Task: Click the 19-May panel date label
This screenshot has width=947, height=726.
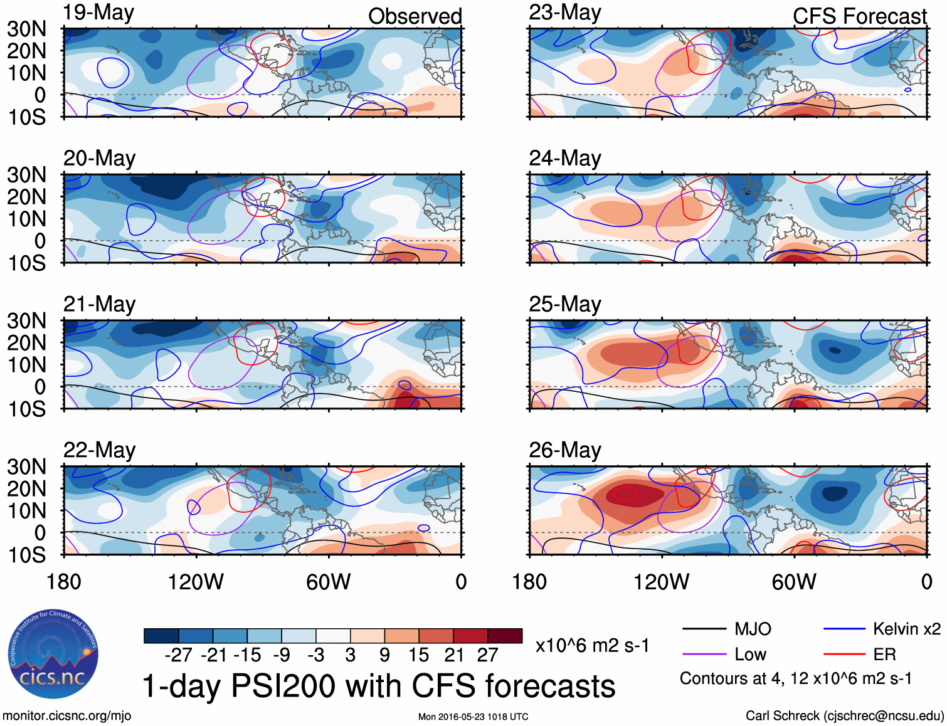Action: coord(98,13)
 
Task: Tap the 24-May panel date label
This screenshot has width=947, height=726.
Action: coord(564,158)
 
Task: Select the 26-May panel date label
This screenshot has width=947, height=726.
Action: coord(564,450)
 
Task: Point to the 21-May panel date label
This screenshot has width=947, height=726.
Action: coord(99,304)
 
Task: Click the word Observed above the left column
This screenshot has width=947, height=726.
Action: coord(415,16)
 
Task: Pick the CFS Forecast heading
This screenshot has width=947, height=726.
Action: coord(859,16)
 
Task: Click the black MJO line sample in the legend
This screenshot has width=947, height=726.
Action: coord(704,629)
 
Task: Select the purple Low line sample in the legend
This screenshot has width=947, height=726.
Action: coord(704,655)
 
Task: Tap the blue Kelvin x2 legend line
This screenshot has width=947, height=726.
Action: coord(844,629)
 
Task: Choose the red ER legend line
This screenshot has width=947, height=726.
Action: coord(844,655)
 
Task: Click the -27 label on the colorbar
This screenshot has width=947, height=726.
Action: coord(178,655)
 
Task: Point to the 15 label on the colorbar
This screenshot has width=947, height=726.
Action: coord(418,655)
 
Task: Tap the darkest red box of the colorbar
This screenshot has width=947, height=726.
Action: coord(505,636)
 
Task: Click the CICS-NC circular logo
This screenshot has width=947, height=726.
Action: coord(53,654)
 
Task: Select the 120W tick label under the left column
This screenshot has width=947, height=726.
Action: coord(196,582)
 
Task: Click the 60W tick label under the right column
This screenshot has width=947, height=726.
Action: coord(794,582)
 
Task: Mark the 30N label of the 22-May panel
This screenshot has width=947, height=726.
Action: coord(26,467)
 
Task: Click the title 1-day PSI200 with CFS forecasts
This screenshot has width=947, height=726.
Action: coord(379,686)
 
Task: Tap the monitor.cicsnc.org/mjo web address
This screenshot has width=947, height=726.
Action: coord(66,716)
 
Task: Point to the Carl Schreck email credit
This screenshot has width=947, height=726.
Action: coord(844,716)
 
